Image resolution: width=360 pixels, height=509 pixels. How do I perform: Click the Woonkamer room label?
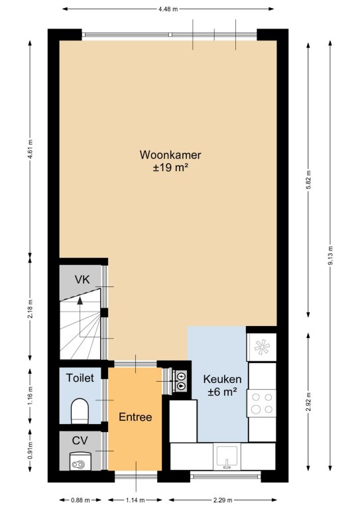170,155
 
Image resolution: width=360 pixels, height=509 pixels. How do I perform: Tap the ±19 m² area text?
171,168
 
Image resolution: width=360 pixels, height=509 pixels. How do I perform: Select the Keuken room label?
222,379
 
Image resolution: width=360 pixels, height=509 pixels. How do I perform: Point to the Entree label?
135,417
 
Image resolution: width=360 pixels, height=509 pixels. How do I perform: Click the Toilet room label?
80,378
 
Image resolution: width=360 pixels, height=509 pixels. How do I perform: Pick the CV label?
80,441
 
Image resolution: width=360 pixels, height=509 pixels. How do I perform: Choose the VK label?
82,280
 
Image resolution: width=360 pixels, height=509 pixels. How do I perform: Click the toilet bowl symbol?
80,411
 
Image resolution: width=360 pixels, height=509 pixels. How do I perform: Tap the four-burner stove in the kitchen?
262,403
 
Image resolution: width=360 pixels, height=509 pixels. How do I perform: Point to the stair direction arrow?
80,317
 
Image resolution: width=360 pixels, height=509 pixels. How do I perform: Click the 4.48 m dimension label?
168,9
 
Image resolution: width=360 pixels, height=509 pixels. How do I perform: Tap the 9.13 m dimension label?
331,256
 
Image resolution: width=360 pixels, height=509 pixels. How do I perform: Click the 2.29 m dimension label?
223,500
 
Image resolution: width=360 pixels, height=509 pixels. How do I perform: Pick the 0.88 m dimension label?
80,500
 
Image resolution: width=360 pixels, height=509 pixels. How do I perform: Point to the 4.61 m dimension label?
30,149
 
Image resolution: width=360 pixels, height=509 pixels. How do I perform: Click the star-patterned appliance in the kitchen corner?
262,347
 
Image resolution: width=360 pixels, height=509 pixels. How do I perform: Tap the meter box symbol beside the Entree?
180,381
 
